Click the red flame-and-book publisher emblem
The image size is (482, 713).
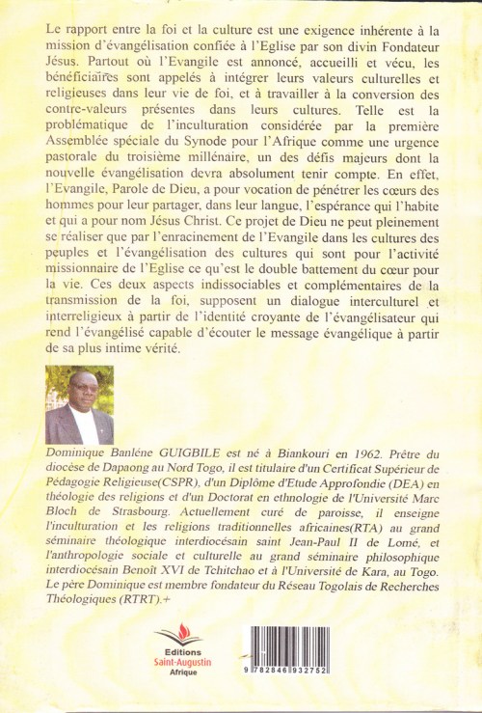178,639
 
